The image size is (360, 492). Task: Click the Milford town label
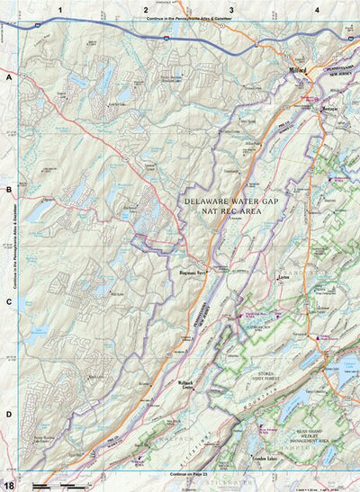(299, 68)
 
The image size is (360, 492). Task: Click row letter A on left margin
(8, 78)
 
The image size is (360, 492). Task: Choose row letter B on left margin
(8, 190)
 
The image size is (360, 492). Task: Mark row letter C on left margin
(8, 301)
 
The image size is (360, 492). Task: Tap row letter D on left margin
(8, 413)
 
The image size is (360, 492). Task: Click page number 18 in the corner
(8, 485)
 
